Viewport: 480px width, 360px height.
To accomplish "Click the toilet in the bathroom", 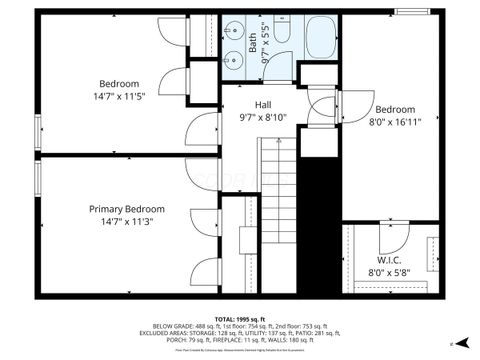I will (x=281, y=38).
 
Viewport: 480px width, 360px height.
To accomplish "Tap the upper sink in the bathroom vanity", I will (x=231, y=42).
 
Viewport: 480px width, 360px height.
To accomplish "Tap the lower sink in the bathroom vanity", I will (x=231, y=67).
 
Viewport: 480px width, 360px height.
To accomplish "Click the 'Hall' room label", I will (x=263, y=104).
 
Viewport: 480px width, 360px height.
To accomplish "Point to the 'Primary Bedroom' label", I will (x=127, y=209).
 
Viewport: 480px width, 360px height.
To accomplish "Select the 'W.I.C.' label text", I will (x=389, y=259).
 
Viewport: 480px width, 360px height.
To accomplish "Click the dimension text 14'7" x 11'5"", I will (x=119, y=96).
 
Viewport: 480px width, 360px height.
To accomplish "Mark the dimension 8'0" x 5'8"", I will (x=390, y=272).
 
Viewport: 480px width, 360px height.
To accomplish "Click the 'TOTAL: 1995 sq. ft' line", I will (x=240, y=318).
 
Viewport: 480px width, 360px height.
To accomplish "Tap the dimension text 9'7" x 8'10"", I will (x=263, y=117).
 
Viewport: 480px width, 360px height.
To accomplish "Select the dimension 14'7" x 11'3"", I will (x=127, y=222).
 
